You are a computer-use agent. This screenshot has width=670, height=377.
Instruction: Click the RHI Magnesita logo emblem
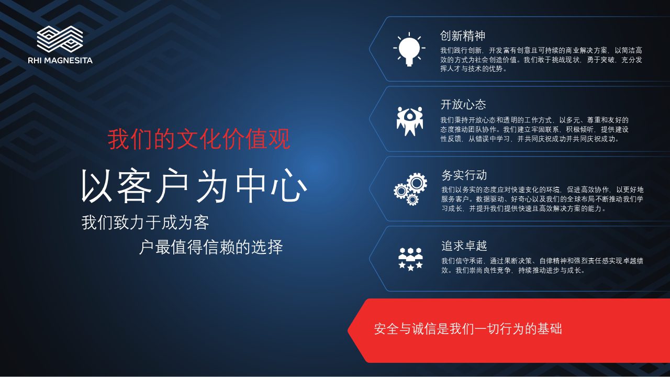pos(60,39)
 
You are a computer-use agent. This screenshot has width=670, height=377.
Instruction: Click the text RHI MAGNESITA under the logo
pos(60,60)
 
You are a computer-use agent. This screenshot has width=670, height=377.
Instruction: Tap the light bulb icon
pos(409,49)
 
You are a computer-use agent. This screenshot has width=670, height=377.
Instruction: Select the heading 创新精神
pos(462,36)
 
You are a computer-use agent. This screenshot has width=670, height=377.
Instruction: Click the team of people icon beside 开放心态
pos(409,121)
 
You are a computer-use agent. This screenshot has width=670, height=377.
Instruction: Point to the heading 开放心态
pos(463,105)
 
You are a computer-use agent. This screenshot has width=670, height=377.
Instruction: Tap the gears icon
pos(410,189)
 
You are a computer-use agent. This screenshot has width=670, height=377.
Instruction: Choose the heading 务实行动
pos(464,175)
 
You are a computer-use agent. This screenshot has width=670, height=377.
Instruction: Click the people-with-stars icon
pos(410,259)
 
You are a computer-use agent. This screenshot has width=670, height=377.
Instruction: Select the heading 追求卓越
pos(464,246)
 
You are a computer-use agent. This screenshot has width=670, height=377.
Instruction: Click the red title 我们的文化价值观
pos(199,139)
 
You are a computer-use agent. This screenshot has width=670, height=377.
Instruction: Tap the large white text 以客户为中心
pos(194,185)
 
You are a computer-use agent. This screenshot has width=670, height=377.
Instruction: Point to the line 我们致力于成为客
pos(145,223)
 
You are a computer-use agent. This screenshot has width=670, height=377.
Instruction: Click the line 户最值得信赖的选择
pos(211,247)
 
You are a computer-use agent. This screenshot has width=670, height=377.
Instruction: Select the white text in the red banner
pos(468,329)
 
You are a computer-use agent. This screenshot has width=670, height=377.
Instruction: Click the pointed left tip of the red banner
pos(348,330)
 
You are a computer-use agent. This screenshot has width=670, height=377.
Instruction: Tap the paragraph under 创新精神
pos(541,60)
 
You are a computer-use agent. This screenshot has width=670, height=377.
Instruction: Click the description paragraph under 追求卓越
pos(542,265)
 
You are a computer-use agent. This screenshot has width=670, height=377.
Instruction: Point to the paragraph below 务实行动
pos(542,199)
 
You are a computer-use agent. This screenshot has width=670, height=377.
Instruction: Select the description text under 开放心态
pos(534,129)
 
